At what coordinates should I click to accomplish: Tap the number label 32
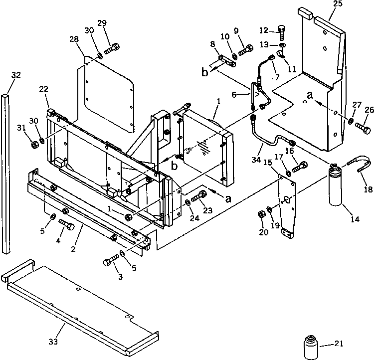(16, 75)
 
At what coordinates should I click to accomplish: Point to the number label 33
(53, 342)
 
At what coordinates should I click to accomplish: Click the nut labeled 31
(35, 145)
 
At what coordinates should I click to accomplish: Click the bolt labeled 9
(246, 50)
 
